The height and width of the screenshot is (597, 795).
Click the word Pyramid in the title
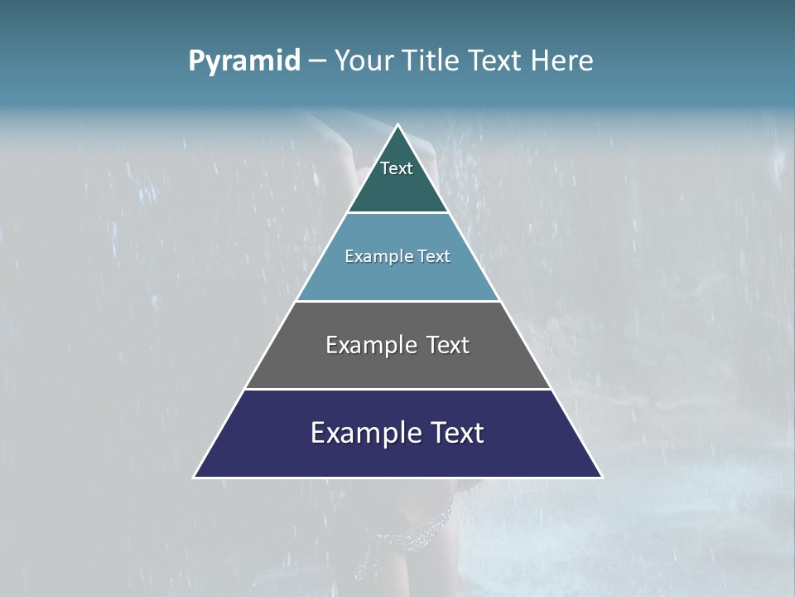point(243,61)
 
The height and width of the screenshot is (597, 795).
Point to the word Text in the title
point(496,61)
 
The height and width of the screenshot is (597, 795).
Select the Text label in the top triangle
point(397,168)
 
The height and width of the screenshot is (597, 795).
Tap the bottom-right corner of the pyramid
point(601,477)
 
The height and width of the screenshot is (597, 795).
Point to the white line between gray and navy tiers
point(397,389)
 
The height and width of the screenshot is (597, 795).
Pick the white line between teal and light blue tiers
point(397,213)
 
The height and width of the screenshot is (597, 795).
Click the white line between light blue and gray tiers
point(397,301)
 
